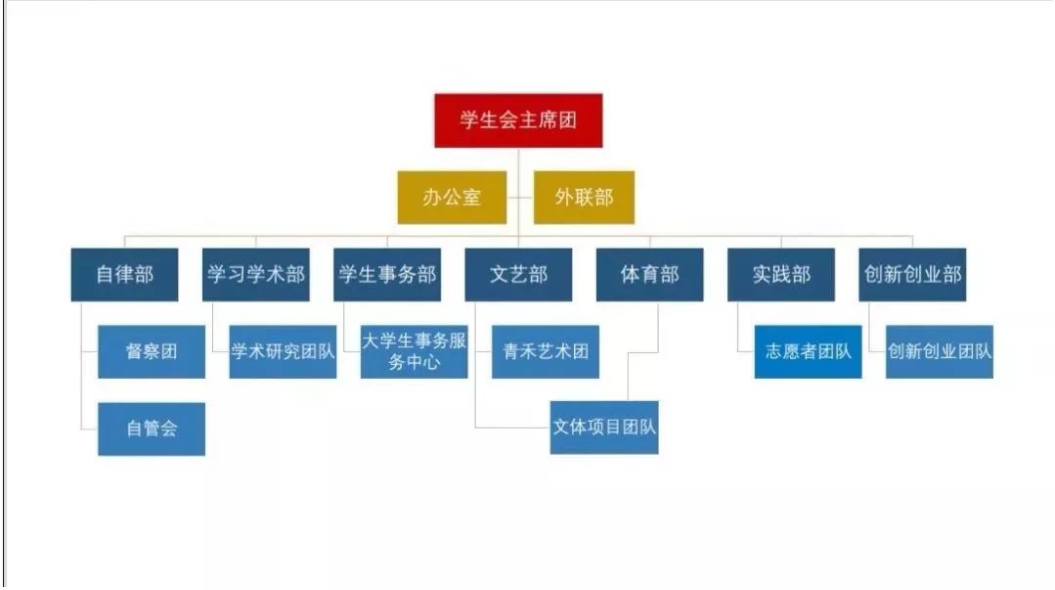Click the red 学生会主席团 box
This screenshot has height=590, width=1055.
518,120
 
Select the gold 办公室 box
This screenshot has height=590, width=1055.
452,197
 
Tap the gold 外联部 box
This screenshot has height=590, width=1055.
584,197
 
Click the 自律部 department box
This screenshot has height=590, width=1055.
124,274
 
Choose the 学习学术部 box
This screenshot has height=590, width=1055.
256,274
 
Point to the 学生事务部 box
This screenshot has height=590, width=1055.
386,274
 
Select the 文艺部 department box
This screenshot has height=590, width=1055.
518,274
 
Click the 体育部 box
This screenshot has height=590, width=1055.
649,274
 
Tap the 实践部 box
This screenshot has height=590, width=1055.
781,274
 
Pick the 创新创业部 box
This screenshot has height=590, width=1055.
912,274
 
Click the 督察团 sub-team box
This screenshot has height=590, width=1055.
152,351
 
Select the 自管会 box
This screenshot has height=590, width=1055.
152,429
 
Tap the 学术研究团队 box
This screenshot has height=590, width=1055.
283,351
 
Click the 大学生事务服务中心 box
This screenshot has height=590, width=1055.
414,351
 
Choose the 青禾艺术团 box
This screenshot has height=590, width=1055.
546,351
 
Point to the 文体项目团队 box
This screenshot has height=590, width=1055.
604,428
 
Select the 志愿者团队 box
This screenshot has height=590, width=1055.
808,351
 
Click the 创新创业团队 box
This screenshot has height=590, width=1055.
940,351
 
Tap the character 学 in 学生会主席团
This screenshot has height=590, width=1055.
470,120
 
